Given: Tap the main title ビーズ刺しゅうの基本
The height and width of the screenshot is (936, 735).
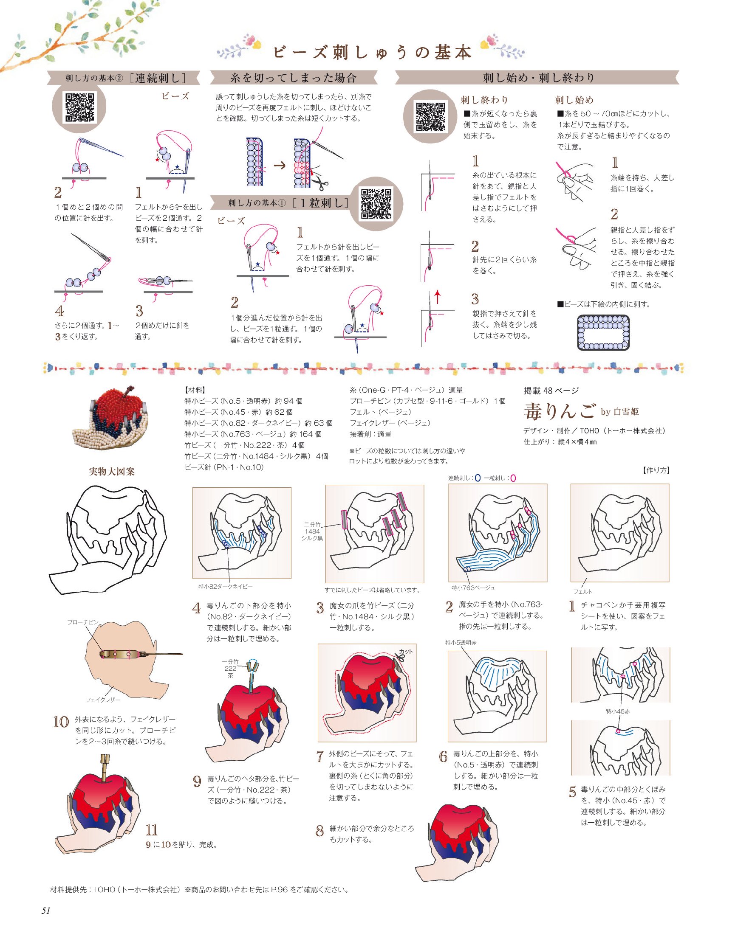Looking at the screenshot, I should pos(372,53).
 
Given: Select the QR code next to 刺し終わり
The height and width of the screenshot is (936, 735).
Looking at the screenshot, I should pos(430,116).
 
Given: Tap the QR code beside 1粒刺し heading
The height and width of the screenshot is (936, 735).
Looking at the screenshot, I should pos(376,204).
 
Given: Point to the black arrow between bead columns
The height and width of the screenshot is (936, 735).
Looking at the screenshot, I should pos(280,165).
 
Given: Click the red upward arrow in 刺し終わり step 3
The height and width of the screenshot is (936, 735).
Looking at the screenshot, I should pos(437,297).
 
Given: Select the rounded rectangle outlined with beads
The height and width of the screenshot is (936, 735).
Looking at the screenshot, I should pos(603,332).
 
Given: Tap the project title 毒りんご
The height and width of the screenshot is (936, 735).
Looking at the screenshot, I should pos(560,411).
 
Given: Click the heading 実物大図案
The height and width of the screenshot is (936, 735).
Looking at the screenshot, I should pos(111,472).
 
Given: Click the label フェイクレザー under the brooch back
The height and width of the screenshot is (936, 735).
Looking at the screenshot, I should pos(103,700).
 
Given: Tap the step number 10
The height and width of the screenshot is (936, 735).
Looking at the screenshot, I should pos(61,722).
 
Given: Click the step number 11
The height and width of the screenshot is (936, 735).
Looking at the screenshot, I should pos(152,830).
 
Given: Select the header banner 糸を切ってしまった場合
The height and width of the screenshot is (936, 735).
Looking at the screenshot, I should pos(294,78).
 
